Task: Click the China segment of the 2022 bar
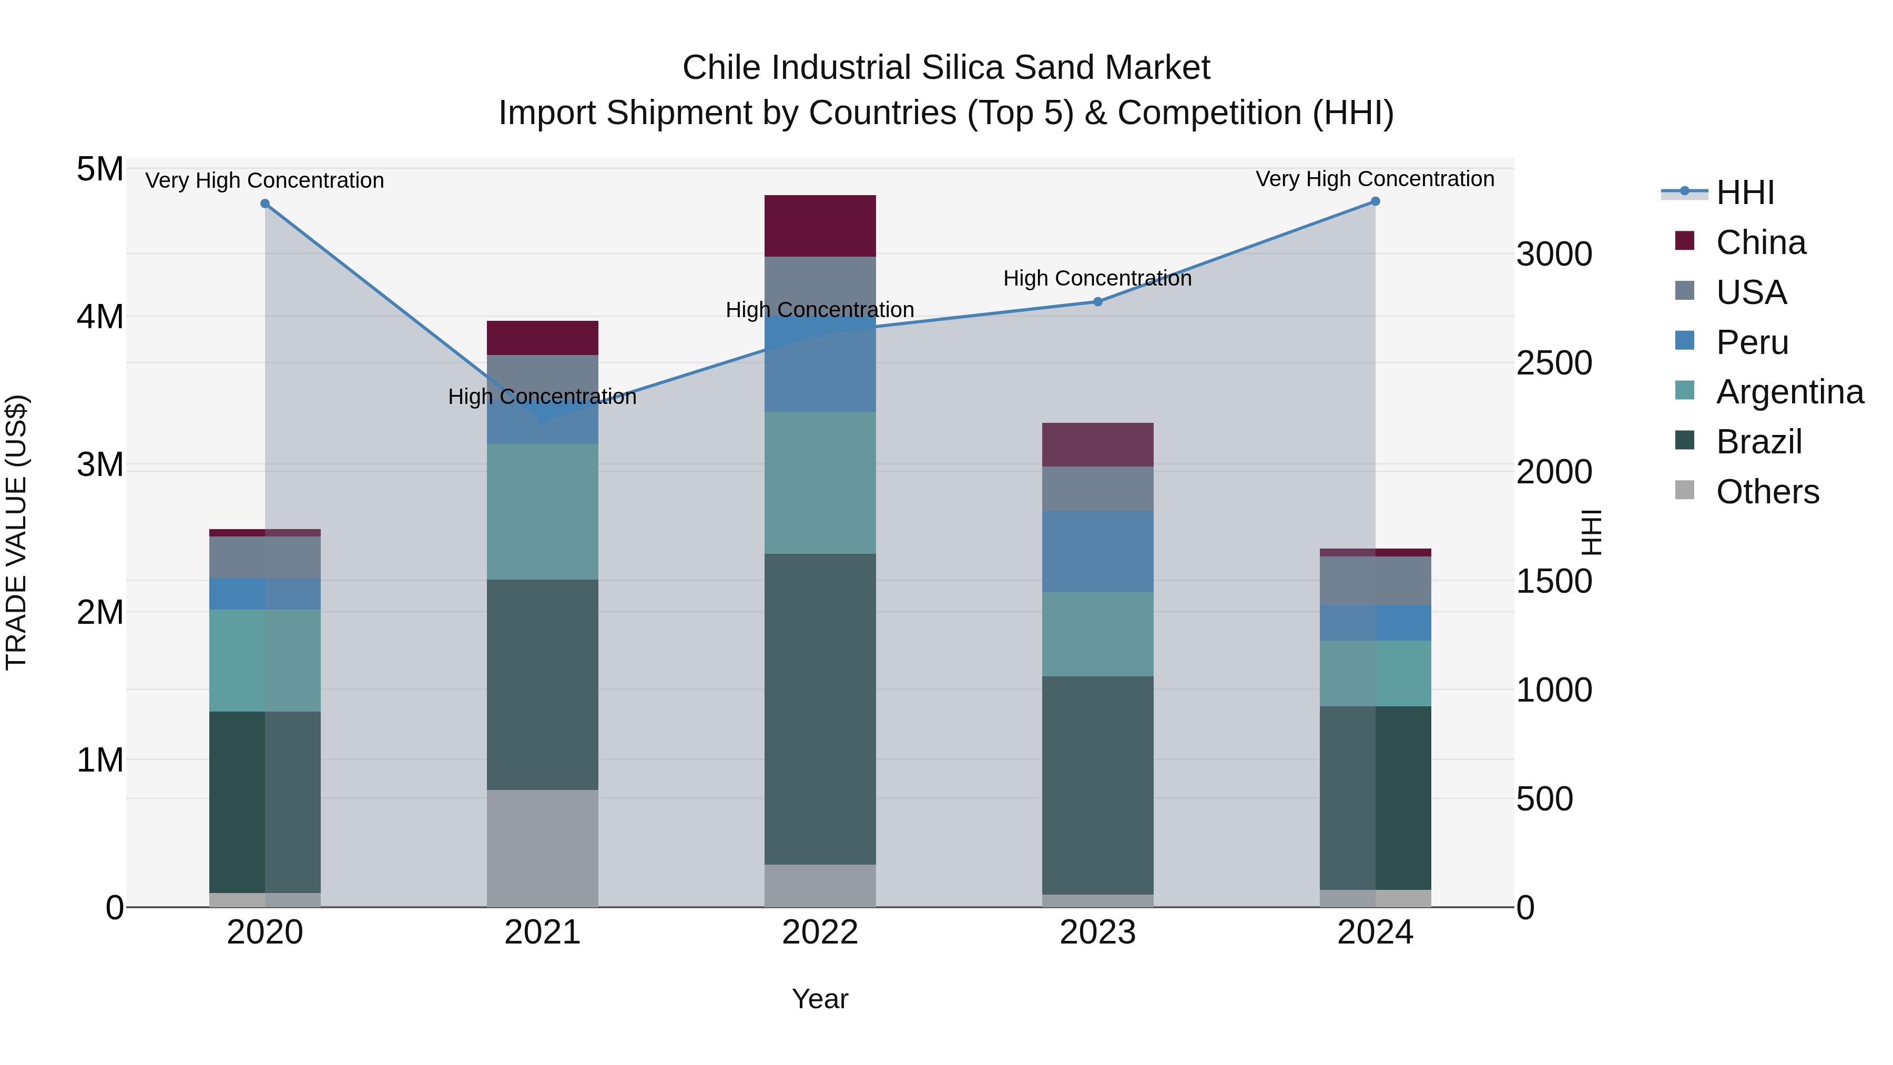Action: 820,226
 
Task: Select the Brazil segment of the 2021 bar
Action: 542,684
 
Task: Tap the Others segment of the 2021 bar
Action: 542,848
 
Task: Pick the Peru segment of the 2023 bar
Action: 1098,551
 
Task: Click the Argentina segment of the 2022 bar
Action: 820,482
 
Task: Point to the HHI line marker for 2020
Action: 266,204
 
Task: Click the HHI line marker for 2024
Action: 1376,201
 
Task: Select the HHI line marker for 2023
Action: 1098,301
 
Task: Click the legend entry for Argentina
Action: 1789,392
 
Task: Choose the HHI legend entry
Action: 1745,192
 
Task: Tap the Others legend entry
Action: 1767,492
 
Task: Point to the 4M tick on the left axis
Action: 100,317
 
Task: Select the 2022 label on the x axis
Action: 820,932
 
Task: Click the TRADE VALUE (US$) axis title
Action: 16,532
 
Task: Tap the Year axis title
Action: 820,999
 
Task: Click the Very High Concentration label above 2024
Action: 1375,179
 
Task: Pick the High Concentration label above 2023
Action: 1097,279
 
